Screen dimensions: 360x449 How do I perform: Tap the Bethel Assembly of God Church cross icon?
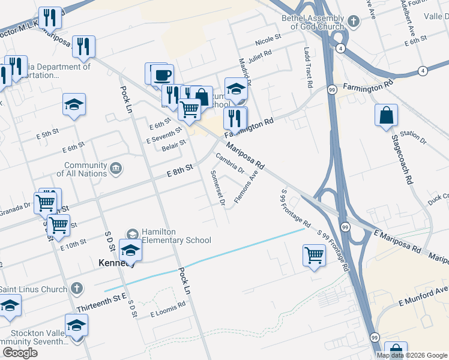[x=354, y=22]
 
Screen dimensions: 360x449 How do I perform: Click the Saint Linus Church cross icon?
[x=76, y=289]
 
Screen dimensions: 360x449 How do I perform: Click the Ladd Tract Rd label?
[x=309, y=68]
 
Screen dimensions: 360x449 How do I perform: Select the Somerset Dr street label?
[x=218, y=187]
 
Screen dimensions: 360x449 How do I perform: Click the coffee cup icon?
[x=162, y=75]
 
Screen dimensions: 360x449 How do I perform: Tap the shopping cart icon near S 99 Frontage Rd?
[x=315, y=255]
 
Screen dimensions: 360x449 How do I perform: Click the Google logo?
[x=20, y=353]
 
